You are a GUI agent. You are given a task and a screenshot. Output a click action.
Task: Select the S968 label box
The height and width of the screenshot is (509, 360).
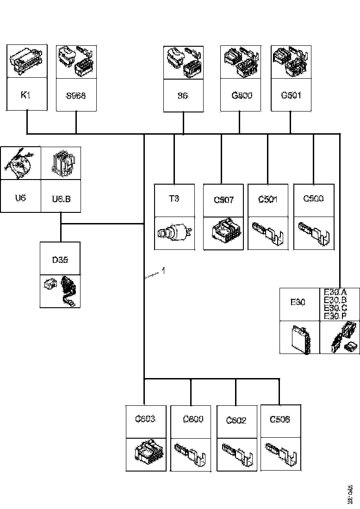point(76,96)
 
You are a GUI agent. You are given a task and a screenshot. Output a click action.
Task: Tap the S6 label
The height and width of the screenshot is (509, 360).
point(183,96)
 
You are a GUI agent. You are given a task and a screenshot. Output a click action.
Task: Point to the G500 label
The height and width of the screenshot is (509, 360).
point(240,96)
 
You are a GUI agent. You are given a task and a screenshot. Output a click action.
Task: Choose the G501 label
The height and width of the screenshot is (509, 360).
point(291,96)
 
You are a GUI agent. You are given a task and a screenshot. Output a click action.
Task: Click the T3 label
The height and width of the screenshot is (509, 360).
point(174,199)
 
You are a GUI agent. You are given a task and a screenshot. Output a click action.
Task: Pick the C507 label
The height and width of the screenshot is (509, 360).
point(223,200)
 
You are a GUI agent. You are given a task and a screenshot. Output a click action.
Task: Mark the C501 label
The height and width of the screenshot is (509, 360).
point(268,199)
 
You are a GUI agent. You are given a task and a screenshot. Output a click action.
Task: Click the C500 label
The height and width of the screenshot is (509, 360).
point(314,199)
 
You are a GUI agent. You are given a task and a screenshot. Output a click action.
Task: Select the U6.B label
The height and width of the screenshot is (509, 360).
point(61,199)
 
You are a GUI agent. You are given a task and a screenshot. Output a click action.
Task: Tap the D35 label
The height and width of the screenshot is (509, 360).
point(60,260)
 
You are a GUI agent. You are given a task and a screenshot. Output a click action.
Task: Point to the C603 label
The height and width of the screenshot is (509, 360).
point(145,420)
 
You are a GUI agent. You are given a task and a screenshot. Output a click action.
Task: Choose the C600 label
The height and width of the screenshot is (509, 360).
point(193,420)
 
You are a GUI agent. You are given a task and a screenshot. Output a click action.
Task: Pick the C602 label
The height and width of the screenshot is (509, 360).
point(236,420)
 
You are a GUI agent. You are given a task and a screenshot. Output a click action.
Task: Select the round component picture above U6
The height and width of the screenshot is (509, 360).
point(20,163)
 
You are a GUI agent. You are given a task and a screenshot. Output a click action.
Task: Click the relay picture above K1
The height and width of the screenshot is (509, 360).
point(27,61)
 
